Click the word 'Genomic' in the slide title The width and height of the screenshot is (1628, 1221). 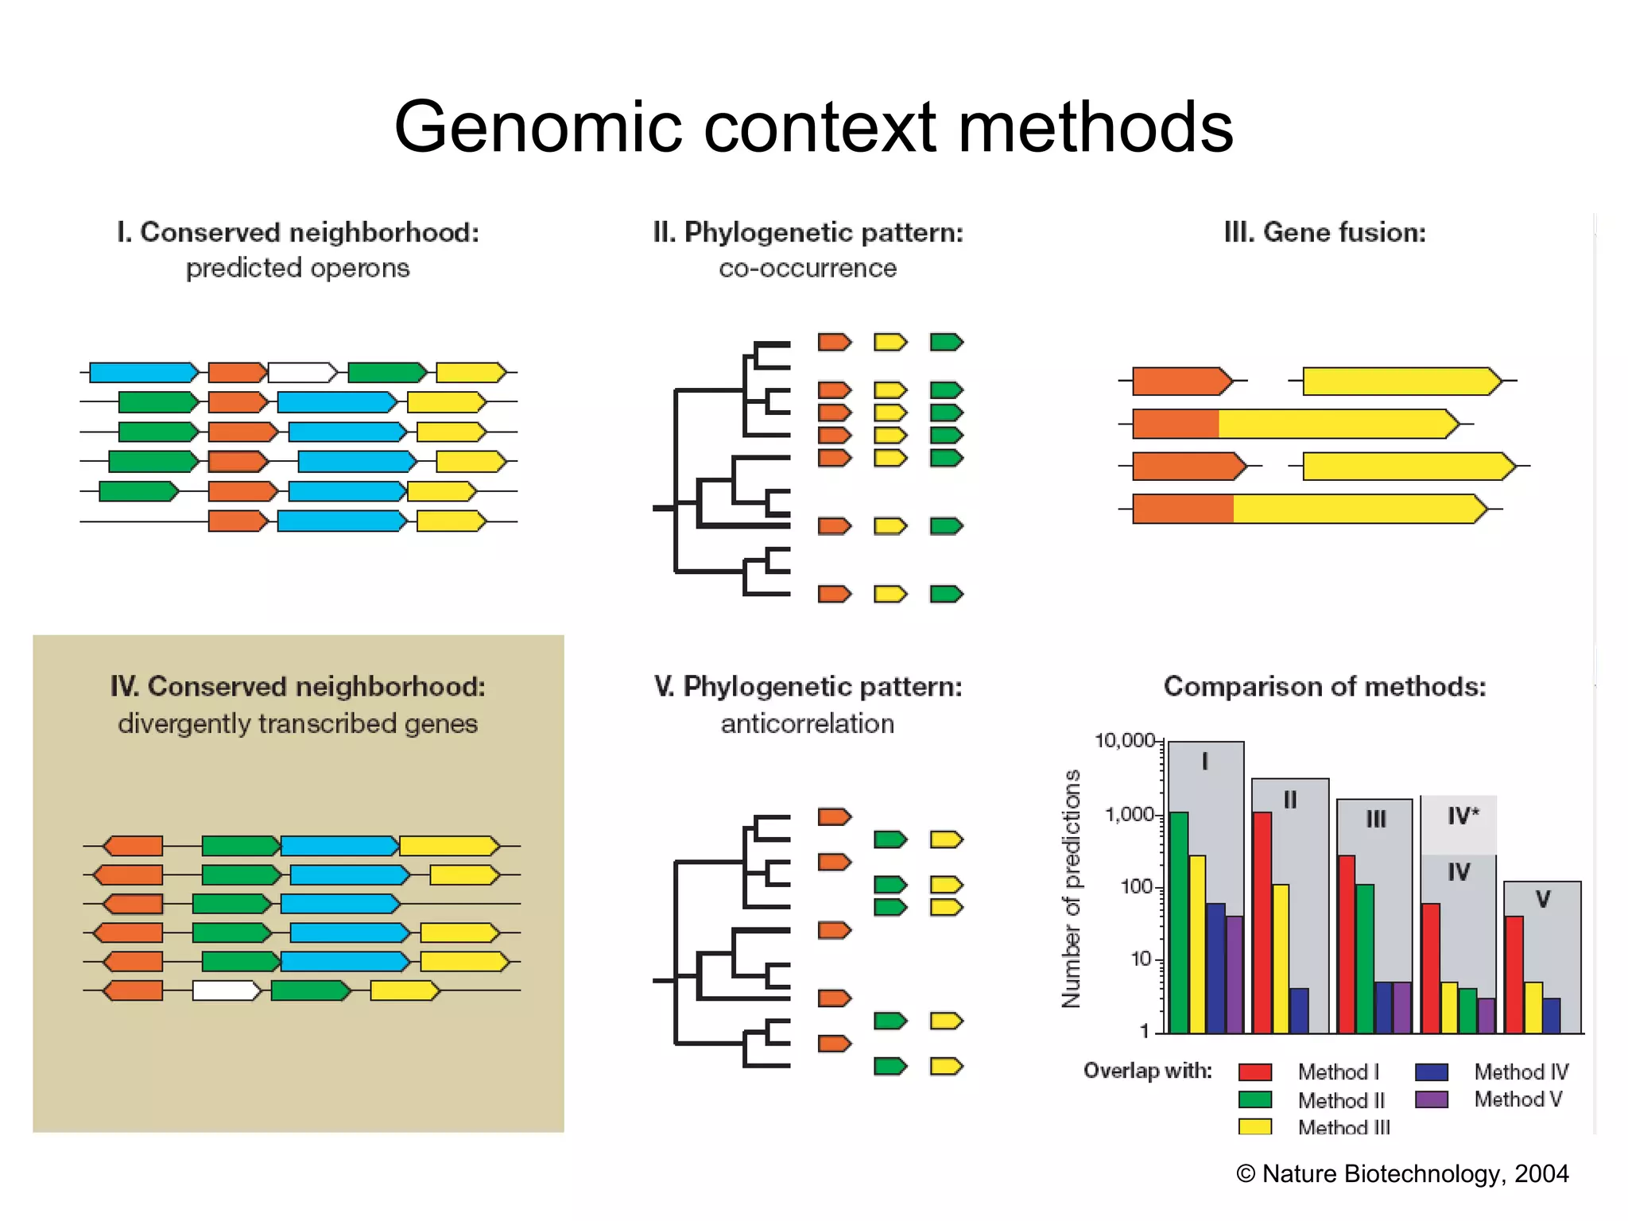(x=537, y=127)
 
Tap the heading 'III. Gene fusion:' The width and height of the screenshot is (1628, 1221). (x=1324, y=232)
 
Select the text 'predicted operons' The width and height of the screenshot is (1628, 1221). (x=297, y=268)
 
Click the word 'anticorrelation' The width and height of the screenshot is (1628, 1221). (x=807, y=723)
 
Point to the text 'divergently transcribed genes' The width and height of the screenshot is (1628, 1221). (x=297, y=723)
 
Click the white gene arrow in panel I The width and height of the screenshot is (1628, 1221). (x=302, y=372)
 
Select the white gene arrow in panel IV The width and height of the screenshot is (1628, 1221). (x=226, y=990)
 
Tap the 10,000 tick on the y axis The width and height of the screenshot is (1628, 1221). (x=1124, y=741)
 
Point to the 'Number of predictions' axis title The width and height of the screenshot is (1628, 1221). (x=1072, y=888)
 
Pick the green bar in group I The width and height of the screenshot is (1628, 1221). (x=1179, y=922)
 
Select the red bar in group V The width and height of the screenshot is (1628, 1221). (x=1514, y=975)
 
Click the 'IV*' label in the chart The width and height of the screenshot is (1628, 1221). (x=1463, y=816)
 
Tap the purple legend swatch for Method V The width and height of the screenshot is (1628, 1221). (x=1432, y=1099)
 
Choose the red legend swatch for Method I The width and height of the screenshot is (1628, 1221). (x=1255, y=1072)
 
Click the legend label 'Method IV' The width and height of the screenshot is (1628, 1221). (x=1521, y=1072)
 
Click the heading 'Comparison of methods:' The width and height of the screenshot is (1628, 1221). (x=1324, y=686)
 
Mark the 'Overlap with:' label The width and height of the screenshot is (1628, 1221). (x=1147, y=1071)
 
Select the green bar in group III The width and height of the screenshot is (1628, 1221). (x=1365, y=958)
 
